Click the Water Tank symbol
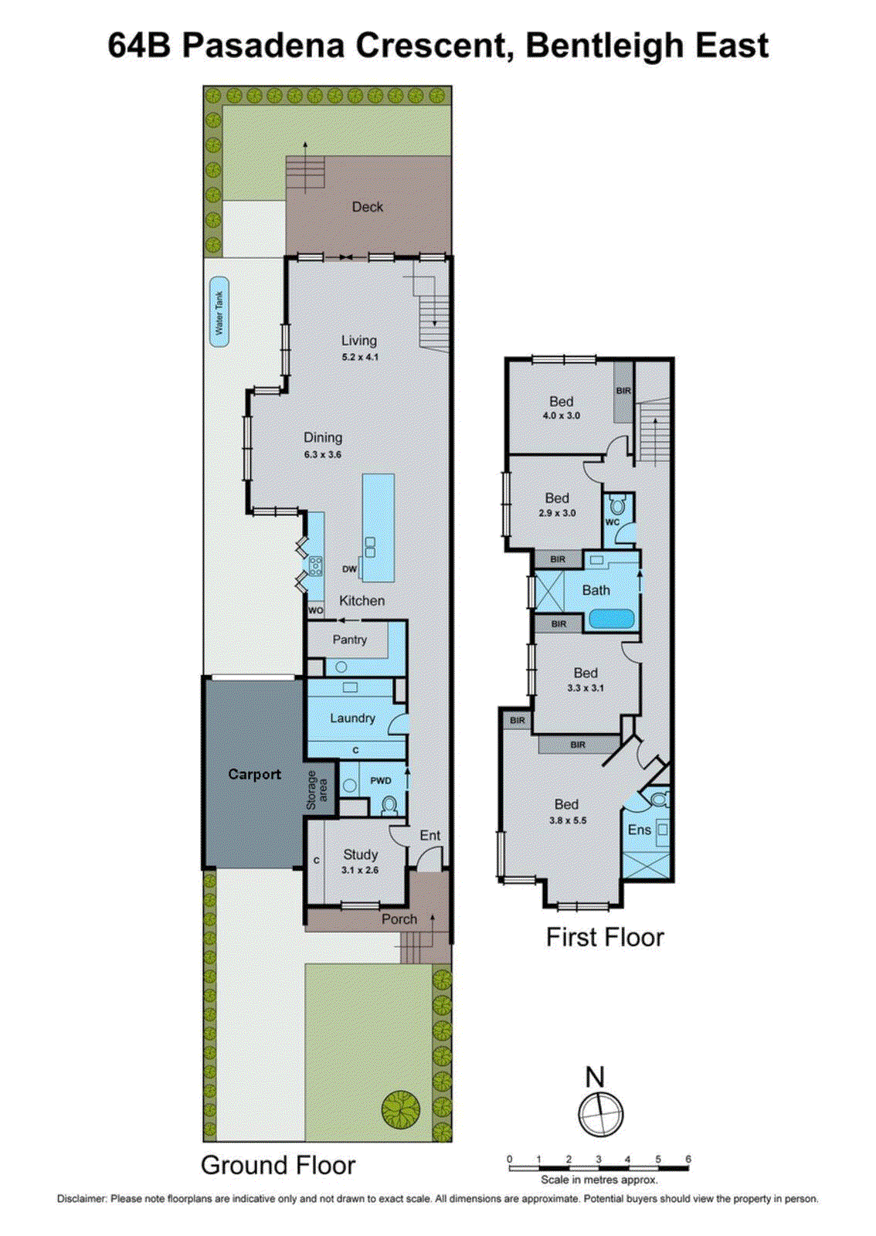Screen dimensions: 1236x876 click(x=219, y=311)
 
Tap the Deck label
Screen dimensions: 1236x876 click(x=368, y=207)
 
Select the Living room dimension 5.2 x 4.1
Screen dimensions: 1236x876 click(x=360, y=357)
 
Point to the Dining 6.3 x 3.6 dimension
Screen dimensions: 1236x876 click(x=323, y=454)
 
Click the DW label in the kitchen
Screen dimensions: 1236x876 click(x=349, y=569)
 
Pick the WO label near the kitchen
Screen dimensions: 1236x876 click(x=315, y=610)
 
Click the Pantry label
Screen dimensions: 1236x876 click(x=350, y=640)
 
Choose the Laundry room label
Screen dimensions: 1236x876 click(x=352, y=718)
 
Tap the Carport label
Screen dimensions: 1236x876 click(x=254, y=774)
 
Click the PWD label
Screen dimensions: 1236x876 click(x=381, y=781)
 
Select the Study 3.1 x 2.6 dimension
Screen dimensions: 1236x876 click(x=360, y=870)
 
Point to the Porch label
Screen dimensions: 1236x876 click(x=399, y=919)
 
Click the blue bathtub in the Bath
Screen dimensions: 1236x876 click(x=612, y=620)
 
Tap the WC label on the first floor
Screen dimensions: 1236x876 click(x=613, y=522)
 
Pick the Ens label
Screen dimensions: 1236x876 click(x=639, y=830)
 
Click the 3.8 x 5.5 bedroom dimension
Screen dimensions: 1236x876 click(x=568, y=820)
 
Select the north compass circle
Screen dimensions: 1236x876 click(x=600, y=1115)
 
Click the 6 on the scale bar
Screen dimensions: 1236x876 click(x=688, y=1159)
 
